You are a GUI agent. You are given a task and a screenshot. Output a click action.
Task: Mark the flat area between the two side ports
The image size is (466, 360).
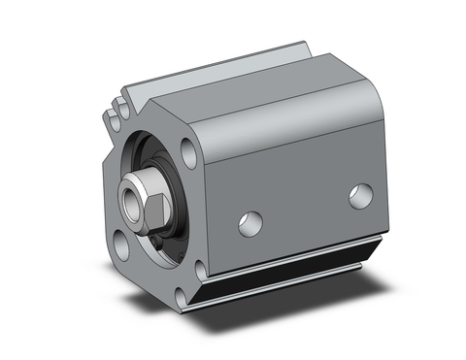coord(306,209)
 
